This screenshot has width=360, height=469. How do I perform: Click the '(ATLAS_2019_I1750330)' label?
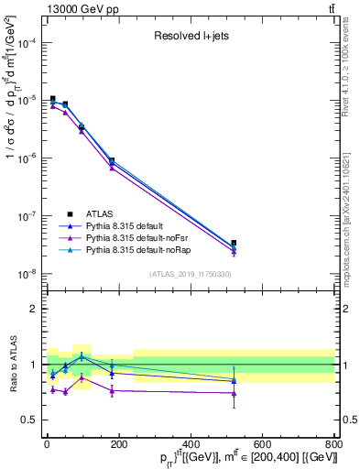click(191, 274)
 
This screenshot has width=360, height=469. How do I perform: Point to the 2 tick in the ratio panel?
click(34, 309)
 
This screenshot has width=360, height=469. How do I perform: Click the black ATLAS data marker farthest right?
click(234, 243)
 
